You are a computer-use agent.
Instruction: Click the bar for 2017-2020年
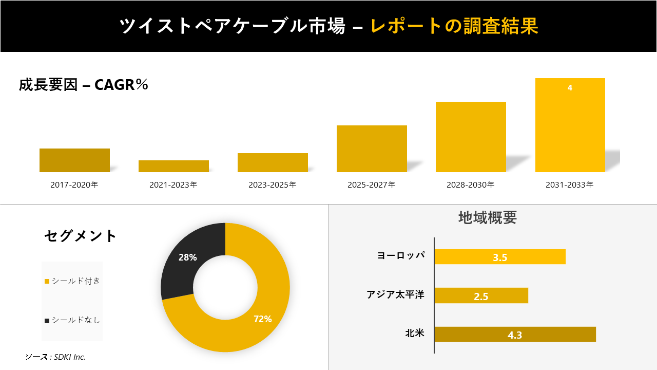pyautogui.click(x=74, y=160)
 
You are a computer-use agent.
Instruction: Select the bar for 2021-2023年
pyautogui.click(x=173, y=166)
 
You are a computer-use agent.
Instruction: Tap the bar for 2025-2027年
pyautogui.click(x=372, y=149)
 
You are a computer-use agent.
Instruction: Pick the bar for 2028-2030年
pyautogui.click(x=471, y=137)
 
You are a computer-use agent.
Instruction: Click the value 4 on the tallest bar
pyautogui.click(x=570, y=88)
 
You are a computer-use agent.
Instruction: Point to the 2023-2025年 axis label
pyautogui.click(x=273, y=184)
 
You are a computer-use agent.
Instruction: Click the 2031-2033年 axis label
pyautogui.click(x=570, y=184)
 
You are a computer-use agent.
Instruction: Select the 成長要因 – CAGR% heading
pyautogui.click(x=84, y=85)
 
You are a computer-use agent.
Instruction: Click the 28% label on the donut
pyautogui.click(x=187, y=257)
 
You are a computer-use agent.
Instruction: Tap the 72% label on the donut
pyautogui.click(x=262, y=319)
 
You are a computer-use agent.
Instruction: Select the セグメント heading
pyautogui.click(x=81, y=236)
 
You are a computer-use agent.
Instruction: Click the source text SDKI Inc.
pyautogui.click(x=55, y=357)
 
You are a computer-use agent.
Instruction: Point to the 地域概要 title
pyautogui.click(x=487, y=217)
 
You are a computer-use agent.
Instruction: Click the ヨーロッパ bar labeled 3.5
pyautogui.click(x=499, y=257)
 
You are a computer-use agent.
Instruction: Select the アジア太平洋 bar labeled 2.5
pyautogui.click(x=481, y=295)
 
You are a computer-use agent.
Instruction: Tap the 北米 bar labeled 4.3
pyautogui.click(x=515, y=335)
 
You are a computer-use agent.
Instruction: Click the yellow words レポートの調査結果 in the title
pyautogui.click(x=454, y=26)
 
